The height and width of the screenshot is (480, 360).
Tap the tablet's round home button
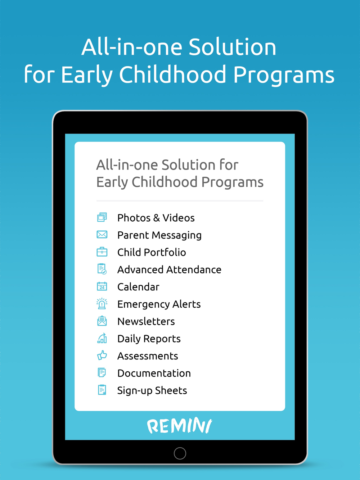click(180, 453)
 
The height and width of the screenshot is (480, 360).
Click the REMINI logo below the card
click(180, 425)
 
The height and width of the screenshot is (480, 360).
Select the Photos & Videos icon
click(102, 217)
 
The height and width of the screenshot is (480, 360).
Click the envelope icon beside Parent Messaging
click(102, 235)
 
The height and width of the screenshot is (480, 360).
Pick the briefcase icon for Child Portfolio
click(102, 252)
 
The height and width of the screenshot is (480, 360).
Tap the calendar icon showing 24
click(102, 286)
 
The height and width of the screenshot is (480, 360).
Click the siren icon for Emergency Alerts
click(102, 304)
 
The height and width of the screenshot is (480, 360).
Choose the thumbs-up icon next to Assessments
click(102, 356)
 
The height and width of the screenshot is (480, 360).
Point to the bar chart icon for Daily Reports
click(102, 338)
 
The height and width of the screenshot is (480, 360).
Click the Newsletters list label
click(146, 321)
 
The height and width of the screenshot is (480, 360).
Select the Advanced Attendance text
click(169, 270)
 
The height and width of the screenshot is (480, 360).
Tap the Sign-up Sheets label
click(152, 390)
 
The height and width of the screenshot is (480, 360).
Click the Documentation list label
click(154, 373)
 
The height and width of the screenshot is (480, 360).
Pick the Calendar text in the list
click(139, 287)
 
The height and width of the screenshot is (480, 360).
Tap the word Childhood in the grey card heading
click(165, 182)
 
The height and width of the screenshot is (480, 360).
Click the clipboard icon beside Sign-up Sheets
click(102, 390)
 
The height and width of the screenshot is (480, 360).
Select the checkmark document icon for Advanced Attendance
click(102, 269)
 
